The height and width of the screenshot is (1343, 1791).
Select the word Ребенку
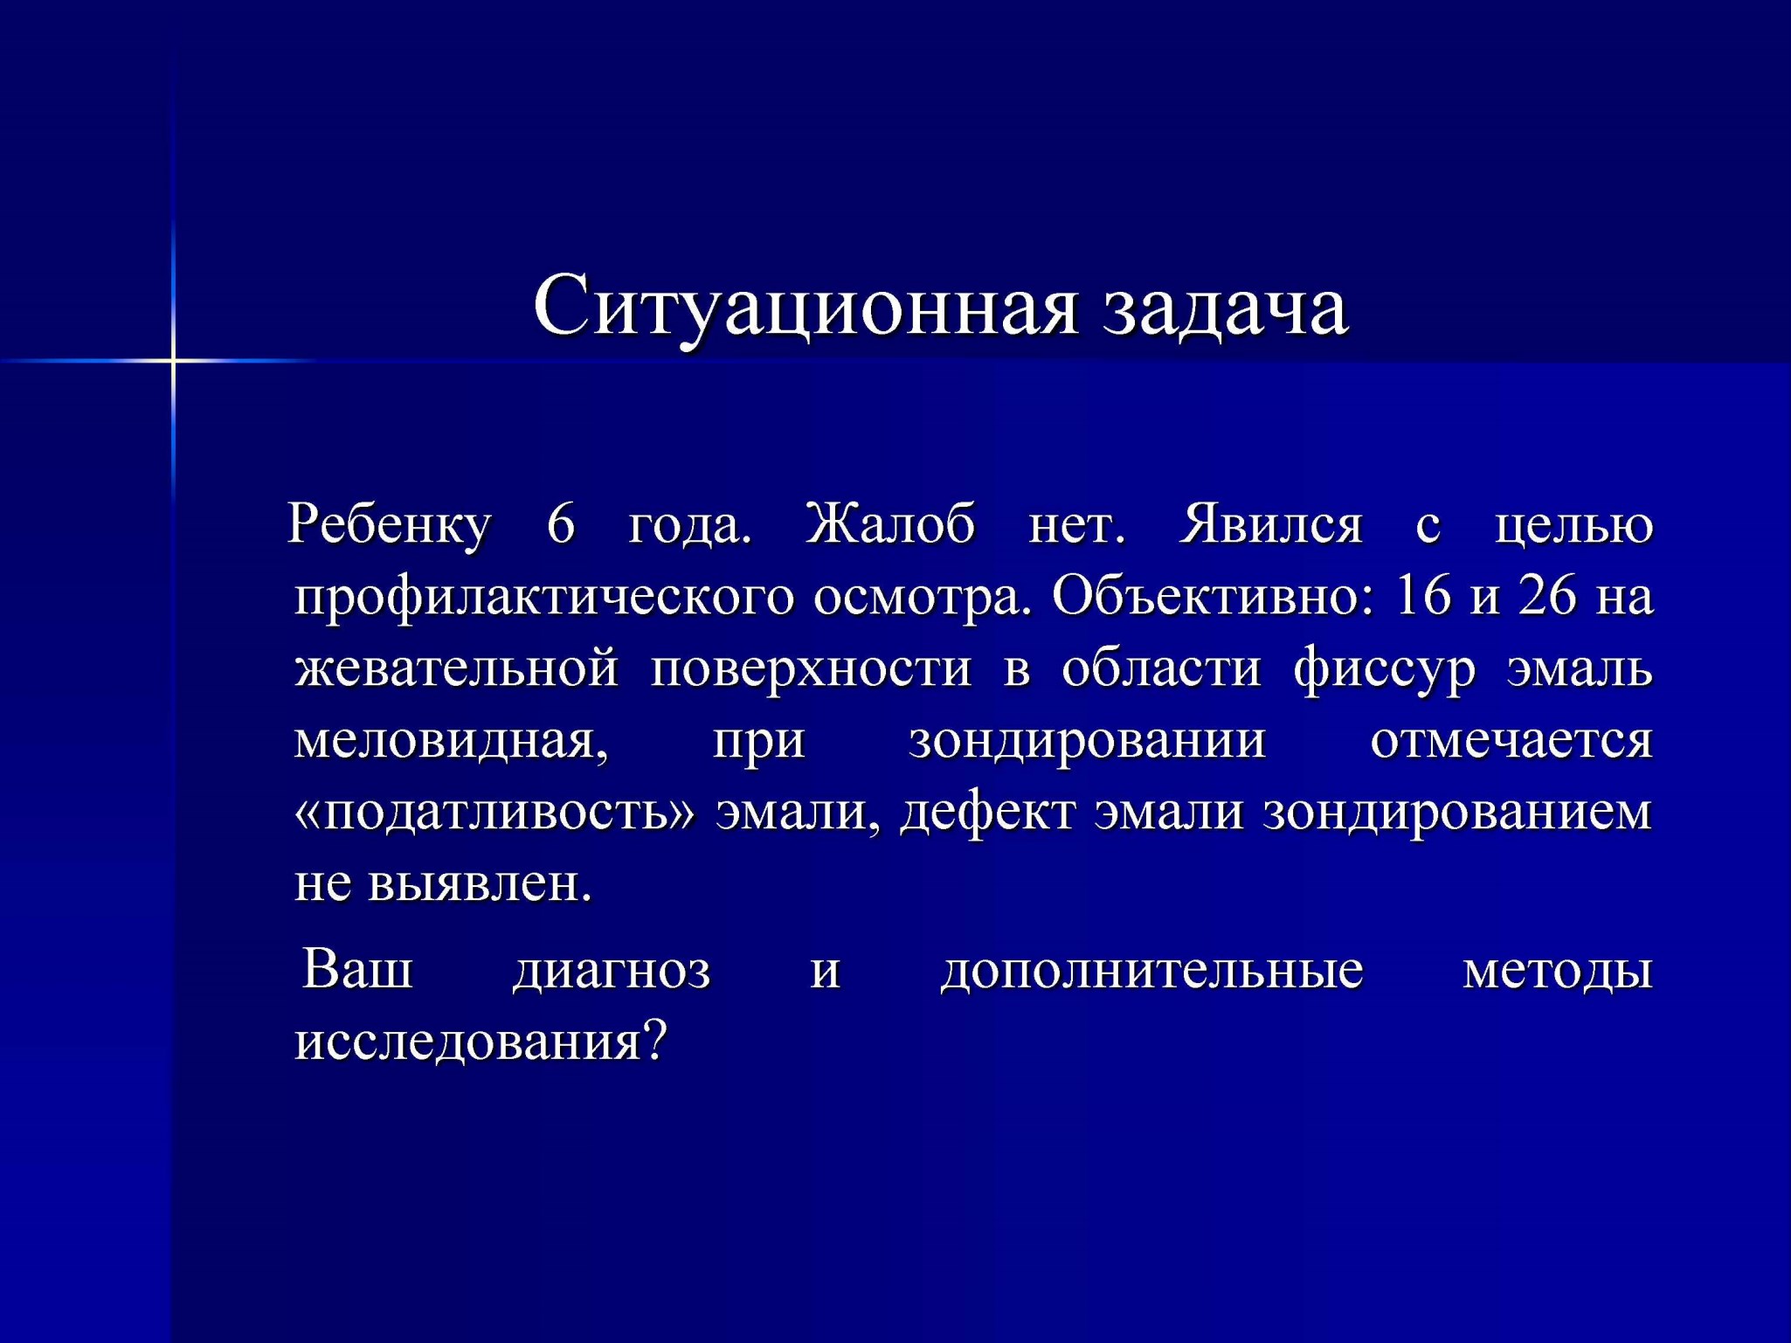pyautogui.click(x=390, y=525)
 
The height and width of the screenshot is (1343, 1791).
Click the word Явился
pyautogui.click(x=1270, y=524)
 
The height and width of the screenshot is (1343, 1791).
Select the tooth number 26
pyautogui.click(x=1548, y=596)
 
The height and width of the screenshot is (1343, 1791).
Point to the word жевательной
pyautogui.click(x=457, y=668)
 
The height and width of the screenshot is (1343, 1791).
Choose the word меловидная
pyautogui.click(x=451, y=741)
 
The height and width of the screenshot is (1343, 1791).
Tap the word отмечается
pyautogui.click(x=1511, y=741)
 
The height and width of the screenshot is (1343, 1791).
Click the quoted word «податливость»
pyautogui.click(x=494, y=813)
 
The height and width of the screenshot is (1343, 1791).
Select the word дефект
pyautogui.click(x=988, y=813)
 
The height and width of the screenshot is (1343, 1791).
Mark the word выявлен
pyautogui.click(x=480, y=884)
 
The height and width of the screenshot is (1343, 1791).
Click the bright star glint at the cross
pyautogui.click(x=173, y=360)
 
